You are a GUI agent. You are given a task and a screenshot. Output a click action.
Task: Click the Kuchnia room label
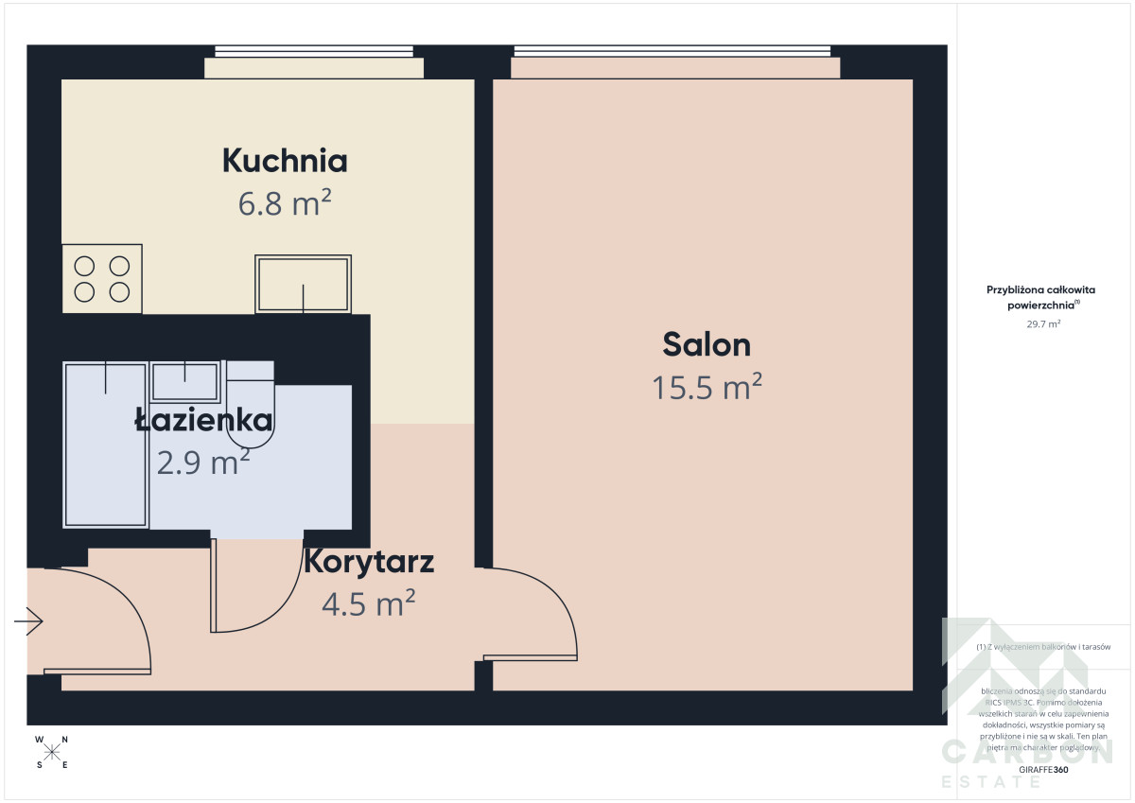pos(285,161)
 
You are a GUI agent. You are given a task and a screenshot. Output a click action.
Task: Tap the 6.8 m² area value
pos(285,202)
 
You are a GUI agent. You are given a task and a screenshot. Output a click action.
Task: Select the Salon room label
pos(707,344)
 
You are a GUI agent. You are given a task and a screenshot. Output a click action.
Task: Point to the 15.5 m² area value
pos(707,387)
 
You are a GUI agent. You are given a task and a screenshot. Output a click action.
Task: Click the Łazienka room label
pos(203,420)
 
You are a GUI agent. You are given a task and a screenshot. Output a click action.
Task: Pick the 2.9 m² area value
pos(203,463)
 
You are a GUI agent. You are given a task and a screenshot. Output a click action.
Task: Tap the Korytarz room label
pos(369,562)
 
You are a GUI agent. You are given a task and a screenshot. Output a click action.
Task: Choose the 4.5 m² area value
pos(369,602)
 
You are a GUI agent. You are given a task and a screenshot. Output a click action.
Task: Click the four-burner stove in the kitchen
pos(102,279)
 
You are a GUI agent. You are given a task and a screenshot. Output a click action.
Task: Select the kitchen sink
pos(303,284)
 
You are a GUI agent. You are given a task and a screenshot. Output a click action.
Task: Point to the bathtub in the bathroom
pos(106,445)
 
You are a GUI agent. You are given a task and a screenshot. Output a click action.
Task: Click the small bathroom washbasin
pos(185,380)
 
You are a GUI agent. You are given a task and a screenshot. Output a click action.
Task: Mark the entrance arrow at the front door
pos(28,621)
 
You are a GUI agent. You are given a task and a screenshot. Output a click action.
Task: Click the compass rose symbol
pos(52,752)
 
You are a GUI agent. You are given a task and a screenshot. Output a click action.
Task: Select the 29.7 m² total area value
pos(1043,323)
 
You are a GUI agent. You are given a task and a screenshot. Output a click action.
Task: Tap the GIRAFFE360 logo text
pos(1043,771)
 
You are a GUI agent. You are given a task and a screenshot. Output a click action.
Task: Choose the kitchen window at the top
pos(313,52)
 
